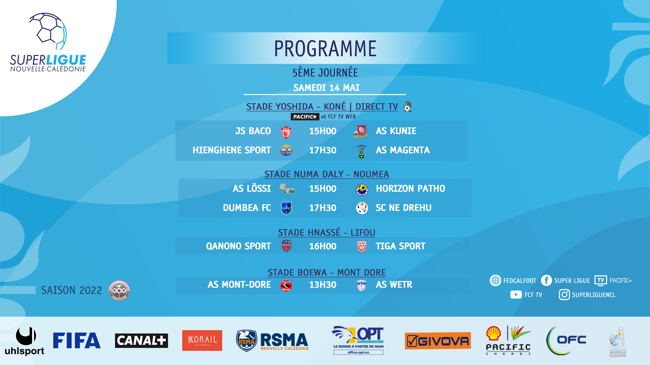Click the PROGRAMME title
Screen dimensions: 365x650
(x=325, y=49)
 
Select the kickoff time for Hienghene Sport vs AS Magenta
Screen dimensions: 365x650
(x=323, y=150)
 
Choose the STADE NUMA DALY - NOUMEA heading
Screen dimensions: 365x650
(x=327, y=174)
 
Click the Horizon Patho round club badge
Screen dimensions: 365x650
(x=362, y=189)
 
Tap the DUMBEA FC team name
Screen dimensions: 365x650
(x=247, y=208)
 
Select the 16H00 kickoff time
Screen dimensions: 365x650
(x=323, y=246)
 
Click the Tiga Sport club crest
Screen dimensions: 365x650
(x=362, y=246)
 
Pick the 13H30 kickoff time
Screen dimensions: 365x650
(x=323, y=285)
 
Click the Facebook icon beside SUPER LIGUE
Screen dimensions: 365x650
(x=546, y=280)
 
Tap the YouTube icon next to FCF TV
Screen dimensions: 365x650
(x=516, y=295)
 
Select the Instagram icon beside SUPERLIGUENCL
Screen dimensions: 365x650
(x=564, y=295)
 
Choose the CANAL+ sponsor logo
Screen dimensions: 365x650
(x=141, y=341)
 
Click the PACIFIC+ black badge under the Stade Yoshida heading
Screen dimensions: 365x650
(x=305, y=117)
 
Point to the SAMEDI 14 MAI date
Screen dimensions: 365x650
(x=326, y=88)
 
